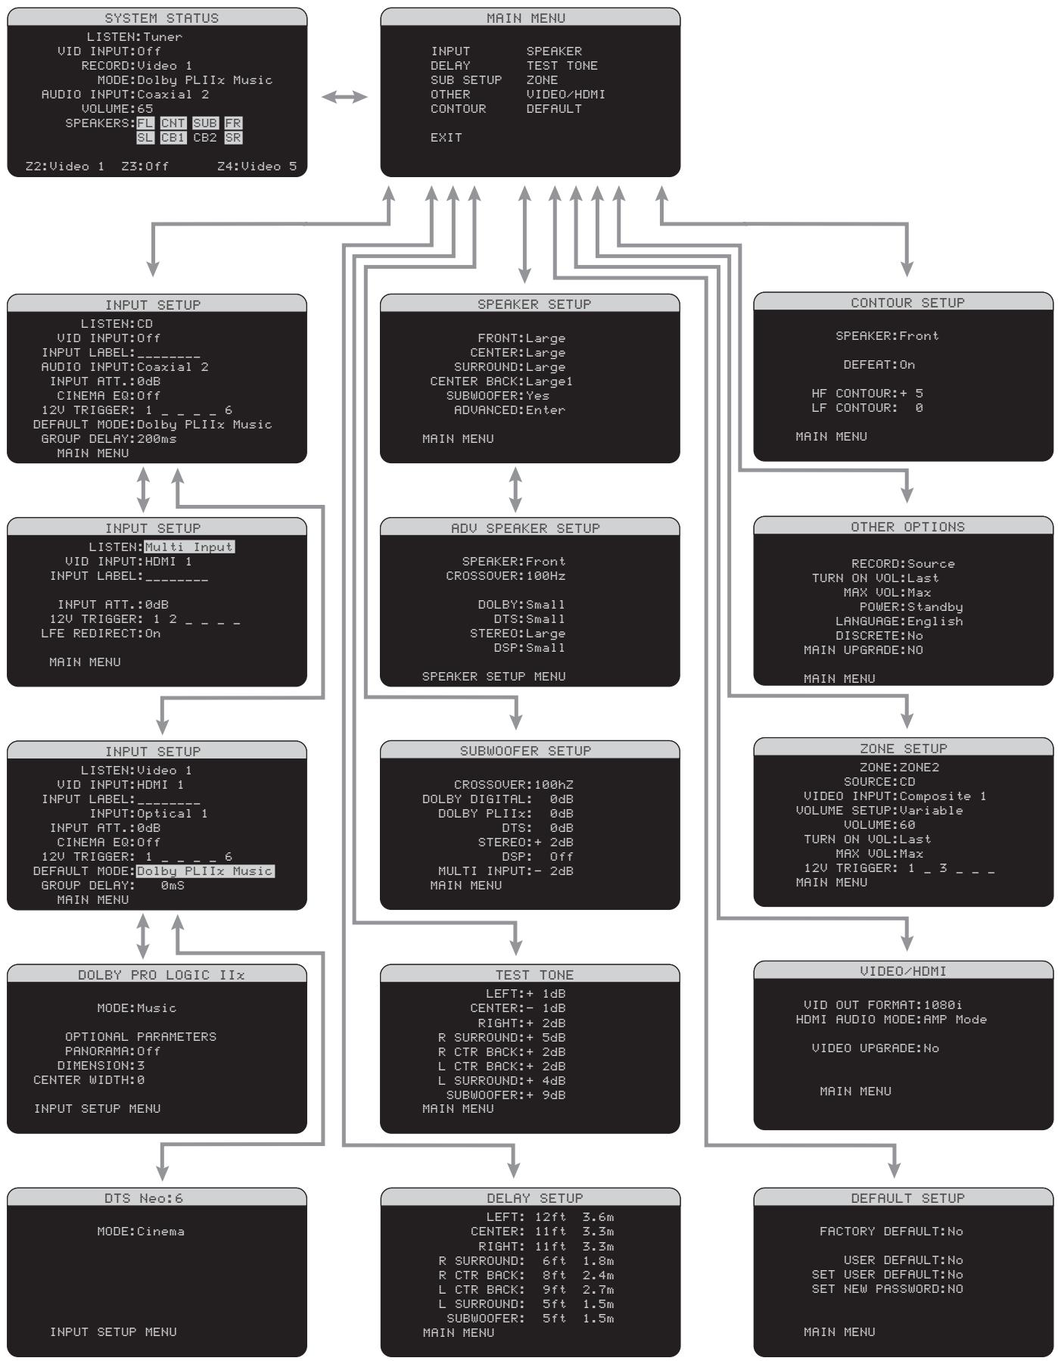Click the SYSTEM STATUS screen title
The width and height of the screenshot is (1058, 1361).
click(161, 17)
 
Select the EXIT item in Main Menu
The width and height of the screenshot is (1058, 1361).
click(446, 137)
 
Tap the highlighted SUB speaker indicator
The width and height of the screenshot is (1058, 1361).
click(204, 123)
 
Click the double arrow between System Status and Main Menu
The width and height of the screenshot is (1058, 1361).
click(344, 97)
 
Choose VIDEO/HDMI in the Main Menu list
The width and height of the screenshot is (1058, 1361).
click(565, 95)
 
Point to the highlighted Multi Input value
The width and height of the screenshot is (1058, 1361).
click(189, 547)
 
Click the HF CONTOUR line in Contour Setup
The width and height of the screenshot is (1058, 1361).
click(867, 393)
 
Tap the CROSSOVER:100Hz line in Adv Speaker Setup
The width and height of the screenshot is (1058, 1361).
click(506, 575)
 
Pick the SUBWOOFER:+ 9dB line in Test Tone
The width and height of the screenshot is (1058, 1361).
click(506, 1095)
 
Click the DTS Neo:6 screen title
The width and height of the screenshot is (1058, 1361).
click(144, 1198)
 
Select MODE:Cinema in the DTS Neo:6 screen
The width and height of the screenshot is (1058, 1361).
click(141, 1231)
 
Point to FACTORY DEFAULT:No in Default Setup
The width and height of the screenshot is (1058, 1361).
click(891, 1231)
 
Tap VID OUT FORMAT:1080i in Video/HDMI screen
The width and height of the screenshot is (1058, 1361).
click(882, 1004)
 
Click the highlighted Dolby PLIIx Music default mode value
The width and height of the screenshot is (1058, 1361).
click(204, 870)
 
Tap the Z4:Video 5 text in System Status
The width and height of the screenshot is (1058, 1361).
click(257, 166)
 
